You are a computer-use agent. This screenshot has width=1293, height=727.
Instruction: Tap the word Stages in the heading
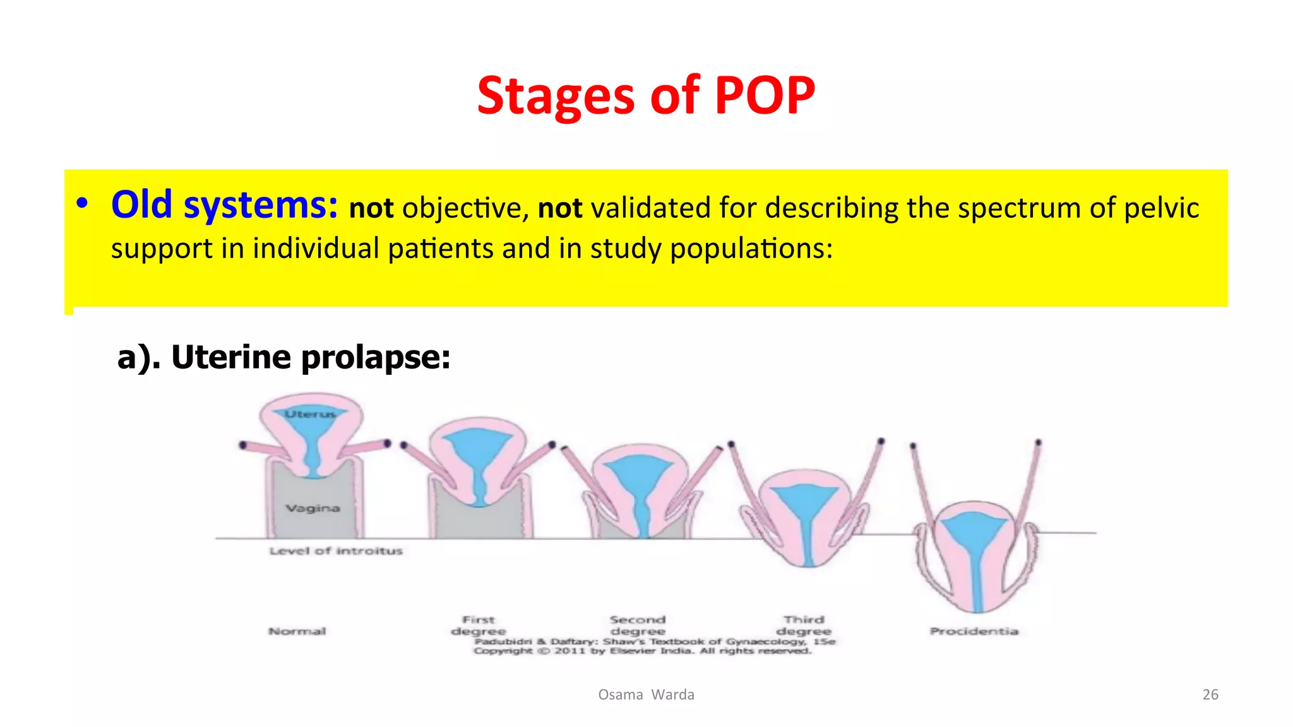555,96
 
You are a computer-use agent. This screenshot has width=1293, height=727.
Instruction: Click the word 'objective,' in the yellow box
465,208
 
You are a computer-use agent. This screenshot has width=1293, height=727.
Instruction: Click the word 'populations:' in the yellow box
751,249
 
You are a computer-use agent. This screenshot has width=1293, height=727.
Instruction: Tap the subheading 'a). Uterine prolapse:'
283,357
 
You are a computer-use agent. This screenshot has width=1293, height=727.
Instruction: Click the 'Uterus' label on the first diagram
310,414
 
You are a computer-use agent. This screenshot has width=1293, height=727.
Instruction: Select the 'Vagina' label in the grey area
313,508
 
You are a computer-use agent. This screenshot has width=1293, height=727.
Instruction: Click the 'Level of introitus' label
335,551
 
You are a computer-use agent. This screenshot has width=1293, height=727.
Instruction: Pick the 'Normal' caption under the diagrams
297,631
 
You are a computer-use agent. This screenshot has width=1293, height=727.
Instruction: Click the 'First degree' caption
478,625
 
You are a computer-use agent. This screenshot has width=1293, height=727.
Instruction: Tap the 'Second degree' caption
638,625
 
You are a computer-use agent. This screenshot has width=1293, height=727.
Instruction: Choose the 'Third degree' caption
804,625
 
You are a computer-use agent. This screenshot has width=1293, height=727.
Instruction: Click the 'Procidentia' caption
974,631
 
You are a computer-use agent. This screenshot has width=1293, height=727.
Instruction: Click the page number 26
1210,695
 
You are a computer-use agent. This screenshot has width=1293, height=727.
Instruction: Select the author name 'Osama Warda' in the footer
646,695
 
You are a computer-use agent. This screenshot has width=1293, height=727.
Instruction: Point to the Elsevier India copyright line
642,651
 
